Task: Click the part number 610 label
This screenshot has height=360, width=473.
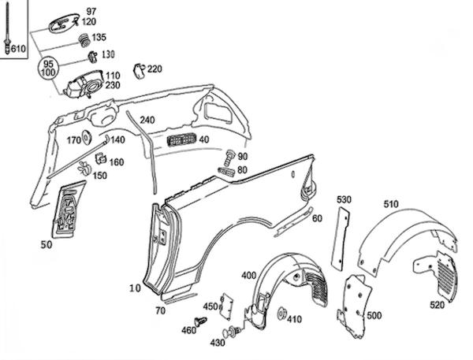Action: [x=18, y=48]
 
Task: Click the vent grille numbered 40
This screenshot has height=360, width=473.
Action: [x=181, y=139]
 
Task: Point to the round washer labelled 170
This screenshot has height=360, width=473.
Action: [x=87, y=137]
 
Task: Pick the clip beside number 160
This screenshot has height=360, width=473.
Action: [x=101, y=158]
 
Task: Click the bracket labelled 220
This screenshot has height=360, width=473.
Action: [x=139, y=71]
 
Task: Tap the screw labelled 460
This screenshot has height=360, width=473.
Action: [x=200, y=321]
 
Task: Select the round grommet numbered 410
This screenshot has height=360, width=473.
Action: [x=281, y=314]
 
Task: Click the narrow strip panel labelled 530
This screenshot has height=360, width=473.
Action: [x=341, y=238]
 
